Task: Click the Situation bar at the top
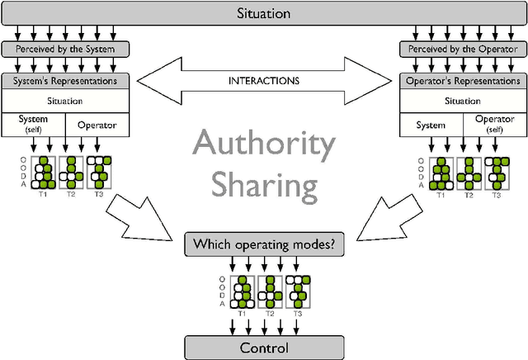coord(263,14)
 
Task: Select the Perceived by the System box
coord(67,49)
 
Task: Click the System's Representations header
coord(67,82)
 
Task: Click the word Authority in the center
coord(264,149)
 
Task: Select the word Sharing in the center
coord(264,187)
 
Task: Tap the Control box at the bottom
coord(263,348)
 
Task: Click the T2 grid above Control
coord(270,291)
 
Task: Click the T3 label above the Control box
coord(296,314)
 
